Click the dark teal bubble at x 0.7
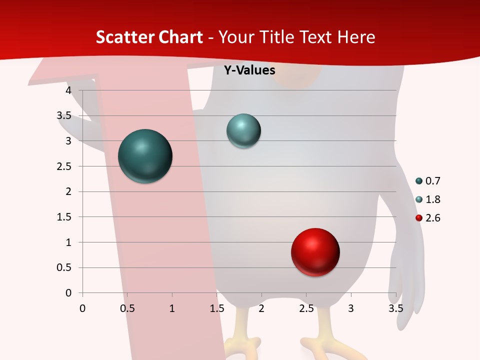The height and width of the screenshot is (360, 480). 145,156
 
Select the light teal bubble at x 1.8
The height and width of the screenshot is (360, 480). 243,131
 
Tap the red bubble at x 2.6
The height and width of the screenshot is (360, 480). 315,252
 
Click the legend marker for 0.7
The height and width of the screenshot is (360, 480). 419,181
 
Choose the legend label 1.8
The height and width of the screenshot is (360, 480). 433,199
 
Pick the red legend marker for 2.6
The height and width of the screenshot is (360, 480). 419,218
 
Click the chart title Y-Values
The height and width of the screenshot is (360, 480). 249,70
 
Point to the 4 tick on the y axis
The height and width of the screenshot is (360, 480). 68,90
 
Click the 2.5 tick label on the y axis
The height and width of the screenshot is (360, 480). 64,166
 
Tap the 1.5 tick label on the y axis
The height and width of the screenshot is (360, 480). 64,217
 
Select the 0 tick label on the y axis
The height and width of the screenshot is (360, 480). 68,293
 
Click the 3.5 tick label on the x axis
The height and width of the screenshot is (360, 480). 395,308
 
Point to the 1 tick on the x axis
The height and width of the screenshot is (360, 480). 172,308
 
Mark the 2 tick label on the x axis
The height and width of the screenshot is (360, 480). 261,308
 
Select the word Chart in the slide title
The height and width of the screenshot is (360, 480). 181,37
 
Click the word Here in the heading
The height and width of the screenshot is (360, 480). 356,37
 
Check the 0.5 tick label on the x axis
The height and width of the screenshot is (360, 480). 127,308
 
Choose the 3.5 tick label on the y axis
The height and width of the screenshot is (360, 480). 64,115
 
